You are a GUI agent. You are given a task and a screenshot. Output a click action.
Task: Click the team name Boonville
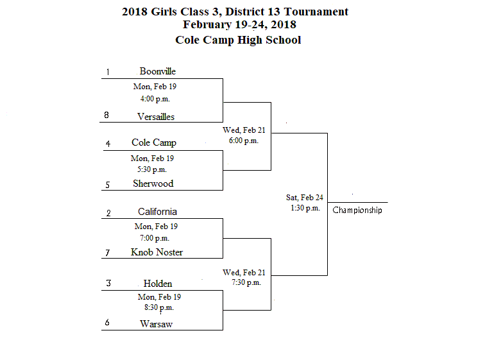[157, 71]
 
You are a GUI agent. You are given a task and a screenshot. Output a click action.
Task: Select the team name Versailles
[156, 117]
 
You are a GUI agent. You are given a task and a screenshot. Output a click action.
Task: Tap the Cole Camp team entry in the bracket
[154, 142]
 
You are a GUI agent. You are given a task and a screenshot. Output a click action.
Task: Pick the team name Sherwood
[153, 184]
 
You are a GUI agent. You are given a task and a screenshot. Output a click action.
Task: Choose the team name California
[157, 212]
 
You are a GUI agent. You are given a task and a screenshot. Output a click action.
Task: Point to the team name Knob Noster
[157, 252]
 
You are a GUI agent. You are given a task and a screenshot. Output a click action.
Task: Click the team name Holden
[158, 284]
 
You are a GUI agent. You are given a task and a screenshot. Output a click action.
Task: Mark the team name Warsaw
[156, 324]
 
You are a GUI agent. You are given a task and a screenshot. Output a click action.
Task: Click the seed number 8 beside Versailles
[106, 115]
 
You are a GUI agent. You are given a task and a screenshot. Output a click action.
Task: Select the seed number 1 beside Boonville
[108, 72]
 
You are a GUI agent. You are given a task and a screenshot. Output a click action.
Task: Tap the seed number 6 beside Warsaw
[107, 322]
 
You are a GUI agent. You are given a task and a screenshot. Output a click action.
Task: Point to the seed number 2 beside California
[108, 213]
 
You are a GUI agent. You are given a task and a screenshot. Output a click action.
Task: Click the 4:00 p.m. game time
[155, 99]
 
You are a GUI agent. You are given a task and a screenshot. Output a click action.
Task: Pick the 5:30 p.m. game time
[152, 169]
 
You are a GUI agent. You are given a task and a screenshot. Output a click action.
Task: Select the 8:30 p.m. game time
[159, 307]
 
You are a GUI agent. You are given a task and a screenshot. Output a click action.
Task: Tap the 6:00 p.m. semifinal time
[244, 141]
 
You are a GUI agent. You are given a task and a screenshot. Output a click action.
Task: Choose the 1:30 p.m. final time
[305, 208]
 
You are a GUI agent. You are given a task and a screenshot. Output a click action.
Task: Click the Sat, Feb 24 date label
[305, 197]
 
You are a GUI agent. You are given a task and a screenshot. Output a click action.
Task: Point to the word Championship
[357, 210]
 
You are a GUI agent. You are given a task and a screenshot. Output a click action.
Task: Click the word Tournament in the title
[316, 12]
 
